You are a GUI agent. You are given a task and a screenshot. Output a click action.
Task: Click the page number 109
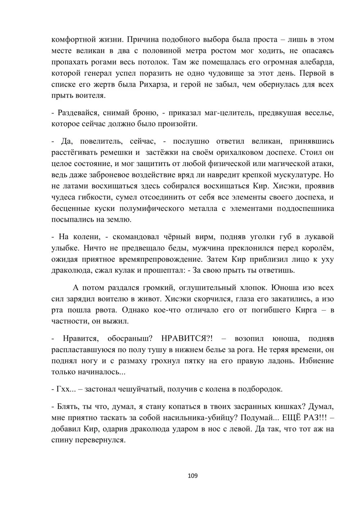193,476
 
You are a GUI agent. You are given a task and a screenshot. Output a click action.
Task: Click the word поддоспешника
304,208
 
